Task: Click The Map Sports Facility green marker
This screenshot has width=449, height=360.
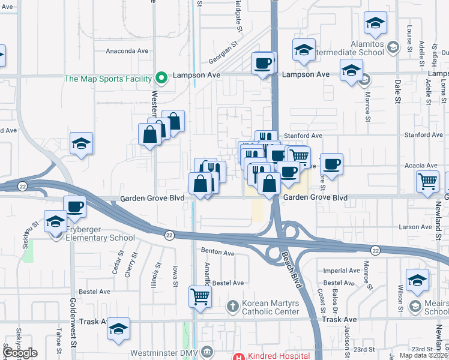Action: pyautogui.click(x=161, y=78)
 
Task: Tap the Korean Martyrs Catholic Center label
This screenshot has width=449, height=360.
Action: pyautogui.click(x=270, y=307)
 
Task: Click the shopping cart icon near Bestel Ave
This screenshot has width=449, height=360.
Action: pyautogui.click(x=200, y=296)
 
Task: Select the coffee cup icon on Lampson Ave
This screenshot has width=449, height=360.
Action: pyautogui.click(x=263, y=64)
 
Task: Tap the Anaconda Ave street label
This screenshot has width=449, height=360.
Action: pyautogui.click(x=127, y=51)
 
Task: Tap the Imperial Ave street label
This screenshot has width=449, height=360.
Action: pyautogui.click(x=340, y=271)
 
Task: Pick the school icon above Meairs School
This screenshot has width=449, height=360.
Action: pyautogui.click(x=418, y=280)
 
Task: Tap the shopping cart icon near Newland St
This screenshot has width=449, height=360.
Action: pyautogui.click(x=427, y=181)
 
